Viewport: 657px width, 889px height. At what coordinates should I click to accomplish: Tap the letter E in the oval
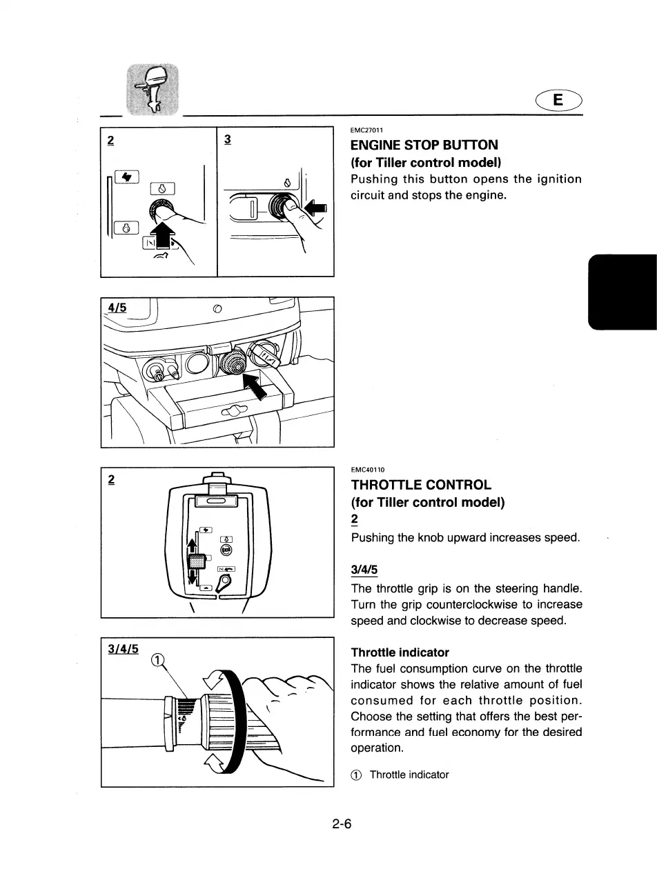coord(558,101)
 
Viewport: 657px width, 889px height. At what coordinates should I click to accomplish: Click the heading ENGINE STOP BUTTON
coord(424,146)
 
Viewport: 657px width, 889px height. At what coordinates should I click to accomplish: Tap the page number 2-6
coord(342,823)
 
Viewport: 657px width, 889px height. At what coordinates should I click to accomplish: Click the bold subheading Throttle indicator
coord(400,652)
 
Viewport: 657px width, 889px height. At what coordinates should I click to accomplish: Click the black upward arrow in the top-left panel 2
coord(163,234)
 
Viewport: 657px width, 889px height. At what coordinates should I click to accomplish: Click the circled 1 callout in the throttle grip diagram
coord(158,660)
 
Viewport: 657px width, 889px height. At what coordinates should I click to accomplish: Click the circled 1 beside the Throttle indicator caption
coord(357,775)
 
